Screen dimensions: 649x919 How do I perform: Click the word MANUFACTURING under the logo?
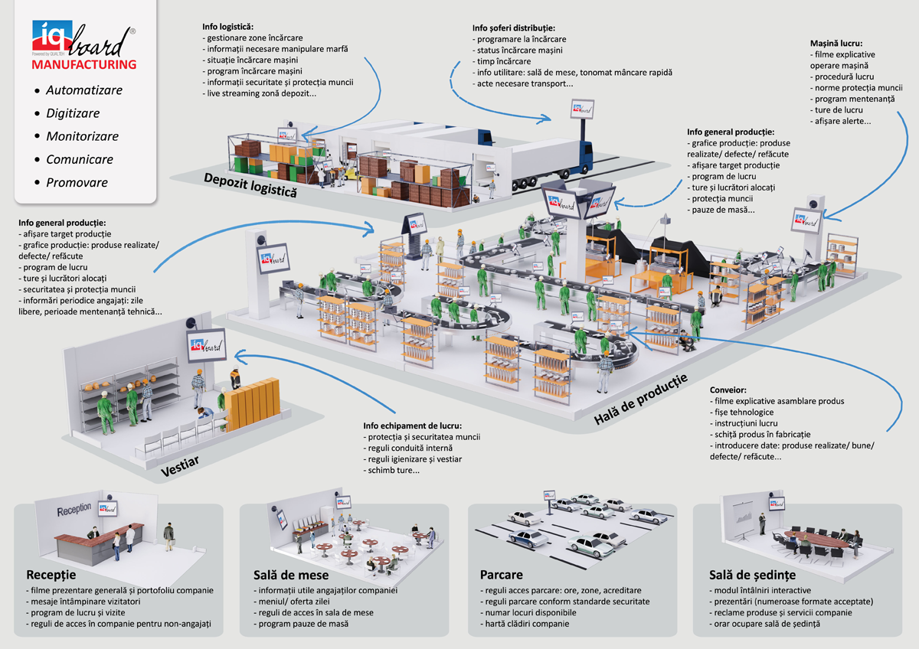(84, 65)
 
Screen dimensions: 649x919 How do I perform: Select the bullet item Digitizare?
(73, 113)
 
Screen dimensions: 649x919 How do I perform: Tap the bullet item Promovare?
(77, 183)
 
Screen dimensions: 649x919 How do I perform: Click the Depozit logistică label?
(250, 184)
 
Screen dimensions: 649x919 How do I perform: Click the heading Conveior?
(728, 390)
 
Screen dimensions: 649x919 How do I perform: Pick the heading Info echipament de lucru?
(412, 426)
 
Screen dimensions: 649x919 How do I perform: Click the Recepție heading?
(51, 575)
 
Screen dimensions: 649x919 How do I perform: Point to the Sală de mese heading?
(291, 575)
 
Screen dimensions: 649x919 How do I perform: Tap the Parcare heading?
(502, 575)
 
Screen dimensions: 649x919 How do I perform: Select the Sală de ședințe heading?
(753, 575)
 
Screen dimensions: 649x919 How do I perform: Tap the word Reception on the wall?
(74, 508)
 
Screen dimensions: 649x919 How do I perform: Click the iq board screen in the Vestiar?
(205, 345)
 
